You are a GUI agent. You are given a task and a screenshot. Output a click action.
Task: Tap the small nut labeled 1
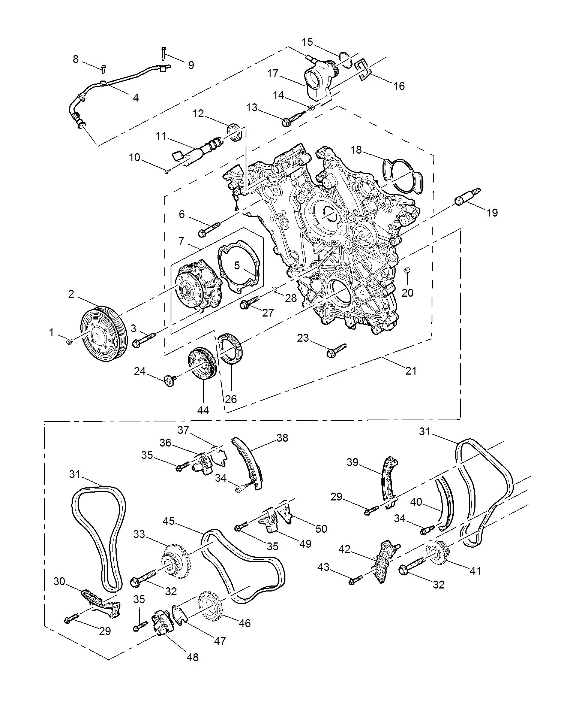[x=69, y=341]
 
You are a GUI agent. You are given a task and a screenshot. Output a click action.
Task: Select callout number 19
[x=492, y=213]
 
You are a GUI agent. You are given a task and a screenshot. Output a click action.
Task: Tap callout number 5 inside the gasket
[x=237, y=266]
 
